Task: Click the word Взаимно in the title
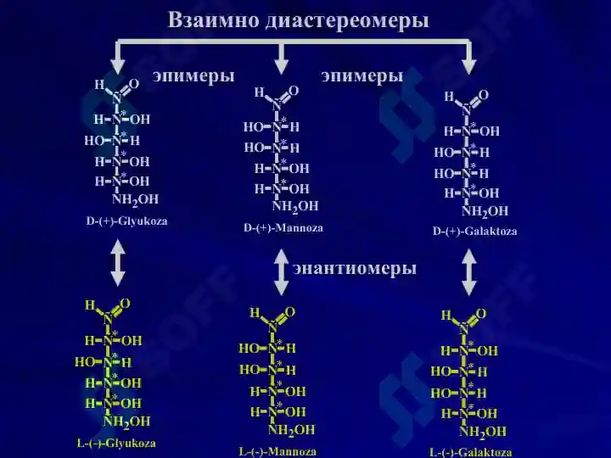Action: coord(214,20)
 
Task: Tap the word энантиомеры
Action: coord(355,268)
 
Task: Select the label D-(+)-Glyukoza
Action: coord(127,221)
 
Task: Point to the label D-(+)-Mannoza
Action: coord(283,227)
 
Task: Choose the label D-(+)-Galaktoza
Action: coord(475,232)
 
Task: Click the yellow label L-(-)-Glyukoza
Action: coord(116,444)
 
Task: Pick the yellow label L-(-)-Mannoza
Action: coord(277,452)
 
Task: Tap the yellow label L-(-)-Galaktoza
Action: coord(471,453)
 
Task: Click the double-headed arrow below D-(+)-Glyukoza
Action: coord(118,262)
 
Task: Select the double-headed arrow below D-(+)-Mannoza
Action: coord(281,272)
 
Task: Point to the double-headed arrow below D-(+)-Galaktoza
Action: coord(468,272)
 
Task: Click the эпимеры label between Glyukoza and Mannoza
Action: coord(193,76)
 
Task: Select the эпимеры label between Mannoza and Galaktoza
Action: coord(362,76)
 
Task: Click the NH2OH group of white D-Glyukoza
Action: coord(136,200)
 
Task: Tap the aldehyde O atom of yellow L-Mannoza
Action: coord(290,312)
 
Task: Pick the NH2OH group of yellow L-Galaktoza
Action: coord(483,432)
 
